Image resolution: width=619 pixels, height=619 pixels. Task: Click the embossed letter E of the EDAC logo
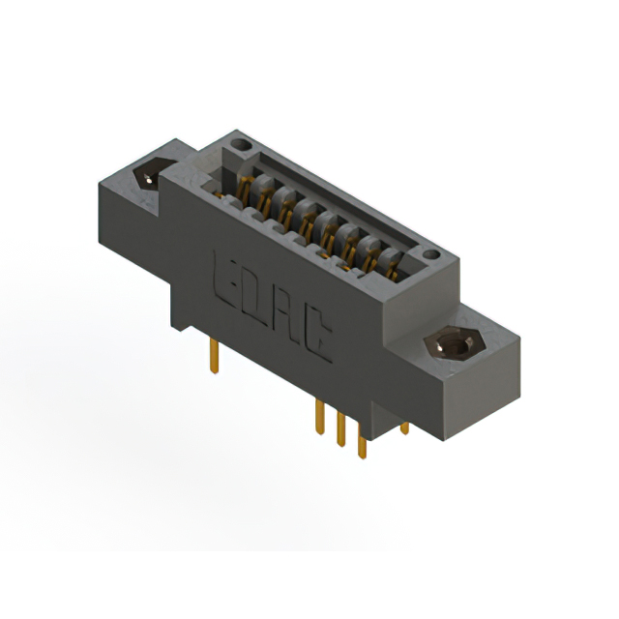224,273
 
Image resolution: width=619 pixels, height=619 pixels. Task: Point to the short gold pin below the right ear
404,427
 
